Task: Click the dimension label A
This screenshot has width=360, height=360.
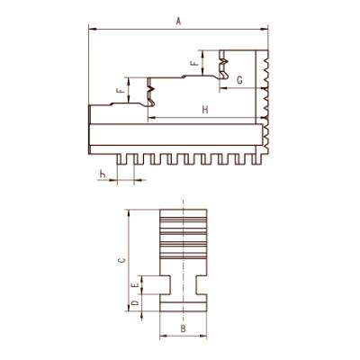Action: (179, 22)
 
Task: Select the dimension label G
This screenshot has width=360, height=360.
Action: (239, 80)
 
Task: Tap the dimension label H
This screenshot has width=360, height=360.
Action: (205, 110)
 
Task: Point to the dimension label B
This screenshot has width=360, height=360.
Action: (183, 328)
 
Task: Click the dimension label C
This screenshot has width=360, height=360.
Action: (121, 260)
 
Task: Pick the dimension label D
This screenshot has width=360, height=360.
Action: (135, 302)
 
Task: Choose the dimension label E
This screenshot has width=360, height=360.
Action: (136, 284)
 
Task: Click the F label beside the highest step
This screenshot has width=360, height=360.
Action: (194, 63)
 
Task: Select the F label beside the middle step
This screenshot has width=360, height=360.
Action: (120, 90)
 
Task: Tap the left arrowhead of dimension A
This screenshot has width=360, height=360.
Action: (92, 29)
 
